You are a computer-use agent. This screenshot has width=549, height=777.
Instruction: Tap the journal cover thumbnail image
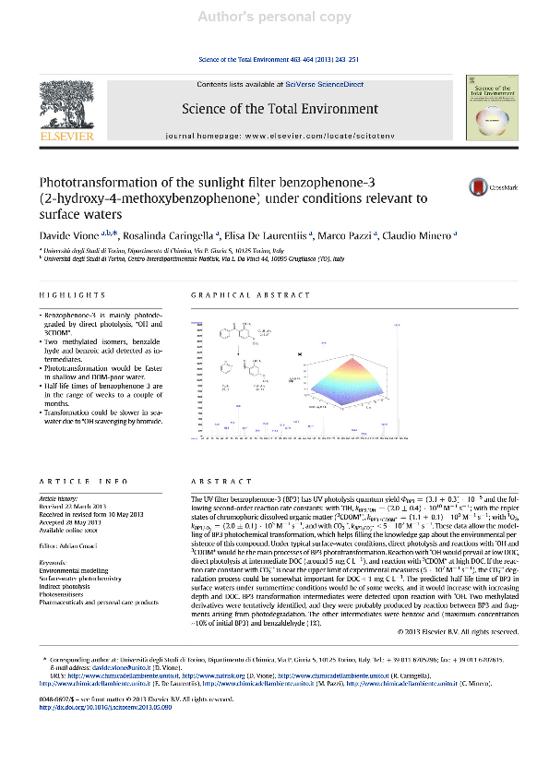488,110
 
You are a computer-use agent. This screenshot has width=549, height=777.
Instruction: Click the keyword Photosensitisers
67,569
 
